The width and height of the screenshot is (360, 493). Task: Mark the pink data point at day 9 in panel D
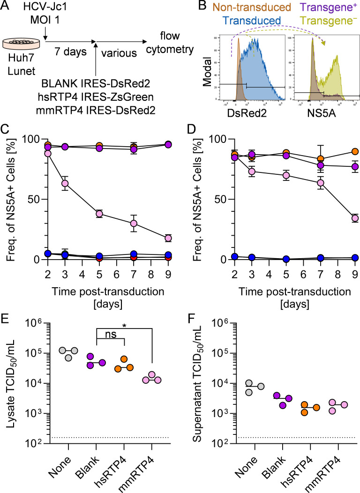[355, 218]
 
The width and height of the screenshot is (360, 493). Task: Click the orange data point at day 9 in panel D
[355, 151]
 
